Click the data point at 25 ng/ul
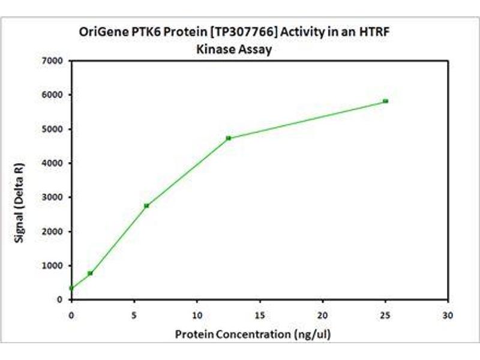[385, 101]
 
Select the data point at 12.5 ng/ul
[228, 138]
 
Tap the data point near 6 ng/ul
[146, 205]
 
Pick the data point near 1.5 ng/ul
[90, 273]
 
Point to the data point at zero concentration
[71, 288]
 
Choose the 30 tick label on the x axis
[448, 314]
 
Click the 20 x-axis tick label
[322, 314]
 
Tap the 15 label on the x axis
[259, 314]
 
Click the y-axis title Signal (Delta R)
[20, 179]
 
